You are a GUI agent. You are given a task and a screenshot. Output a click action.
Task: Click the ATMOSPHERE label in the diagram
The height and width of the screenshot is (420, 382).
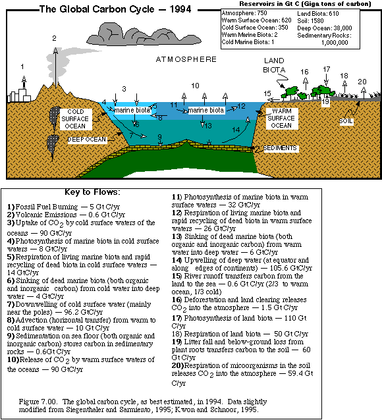point(186,59)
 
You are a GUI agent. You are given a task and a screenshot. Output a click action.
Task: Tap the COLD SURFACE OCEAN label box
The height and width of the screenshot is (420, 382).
point(75,119)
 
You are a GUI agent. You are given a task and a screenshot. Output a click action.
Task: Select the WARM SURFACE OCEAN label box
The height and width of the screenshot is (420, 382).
point(281,118)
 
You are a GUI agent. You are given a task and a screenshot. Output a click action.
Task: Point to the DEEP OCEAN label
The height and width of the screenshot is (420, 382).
point(87,140)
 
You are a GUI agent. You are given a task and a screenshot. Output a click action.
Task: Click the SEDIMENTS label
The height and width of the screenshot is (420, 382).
point(280,148)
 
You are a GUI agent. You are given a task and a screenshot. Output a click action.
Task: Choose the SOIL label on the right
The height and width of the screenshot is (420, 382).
point(346,121)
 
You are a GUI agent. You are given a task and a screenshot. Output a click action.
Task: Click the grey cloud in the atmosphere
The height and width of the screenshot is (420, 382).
point(144,34)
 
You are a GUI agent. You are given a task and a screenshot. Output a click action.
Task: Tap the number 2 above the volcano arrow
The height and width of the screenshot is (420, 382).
point(55,39)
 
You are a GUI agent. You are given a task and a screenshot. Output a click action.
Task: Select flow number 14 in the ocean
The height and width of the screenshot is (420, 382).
point(236,130)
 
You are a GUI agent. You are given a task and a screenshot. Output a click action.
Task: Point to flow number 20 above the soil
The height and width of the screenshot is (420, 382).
point(362,82)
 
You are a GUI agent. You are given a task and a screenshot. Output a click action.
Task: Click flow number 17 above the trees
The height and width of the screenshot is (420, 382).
point(327,69)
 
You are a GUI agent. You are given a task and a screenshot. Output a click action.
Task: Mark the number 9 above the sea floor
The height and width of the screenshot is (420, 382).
point(160,137)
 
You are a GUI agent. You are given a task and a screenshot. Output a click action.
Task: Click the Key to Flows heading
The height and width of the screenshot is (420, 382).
point(92,192)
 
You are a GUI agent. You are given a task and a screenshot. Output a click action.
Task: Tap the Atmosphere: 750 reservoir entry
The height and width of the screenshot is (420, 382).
point(244,13)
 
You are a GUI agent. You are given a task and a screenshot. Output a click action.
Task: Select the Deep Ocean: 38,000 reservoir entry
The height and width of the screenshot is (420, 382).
point(325,28)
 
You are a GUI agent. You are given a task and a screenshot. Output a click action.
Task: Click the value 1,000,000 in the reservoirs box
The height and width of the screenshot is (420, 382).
point(335,43)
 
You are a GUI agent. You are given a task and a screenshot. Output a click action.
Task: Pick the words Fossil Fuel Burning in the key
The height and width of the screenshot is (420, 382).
point(47,207)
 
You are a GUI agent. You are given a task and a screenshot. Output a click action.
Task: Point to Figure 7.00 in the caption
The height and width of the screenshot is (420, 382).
point(38,402)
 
